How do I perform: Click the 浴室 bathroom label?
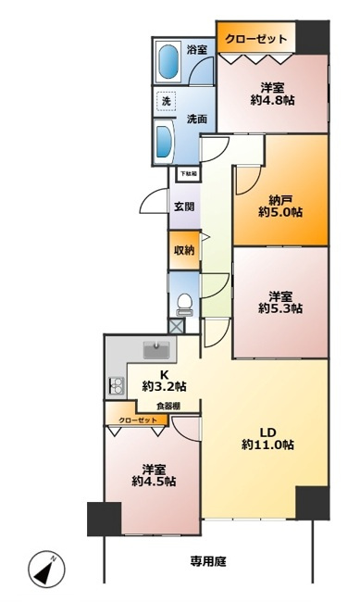pyautogui.click(x=196, y=49)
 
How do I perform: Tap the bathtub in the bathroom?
pyautogui.click(x=169, y=63)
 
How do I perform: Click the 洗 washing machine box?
pyautogui.click(x=167, y=102)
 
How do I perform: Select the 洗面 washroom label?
pyautogui.click(x=196, y=119)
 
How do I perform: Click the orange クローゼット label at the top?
pyautogui.click(x=256, y=39)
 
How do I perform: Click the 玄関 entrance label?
pyautogui.click(x=182, y=207)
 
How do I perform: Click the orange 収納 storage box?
pyautogui.click(x=183, y=250)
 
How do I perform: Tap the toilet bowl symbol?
pyautogui.click(x=183, y=302)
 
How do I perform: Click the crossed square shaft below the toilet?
pyautogui.click(x=177, y=326)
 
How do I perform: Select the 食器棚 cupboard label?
pyautogui.click(x=167, y=406)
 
